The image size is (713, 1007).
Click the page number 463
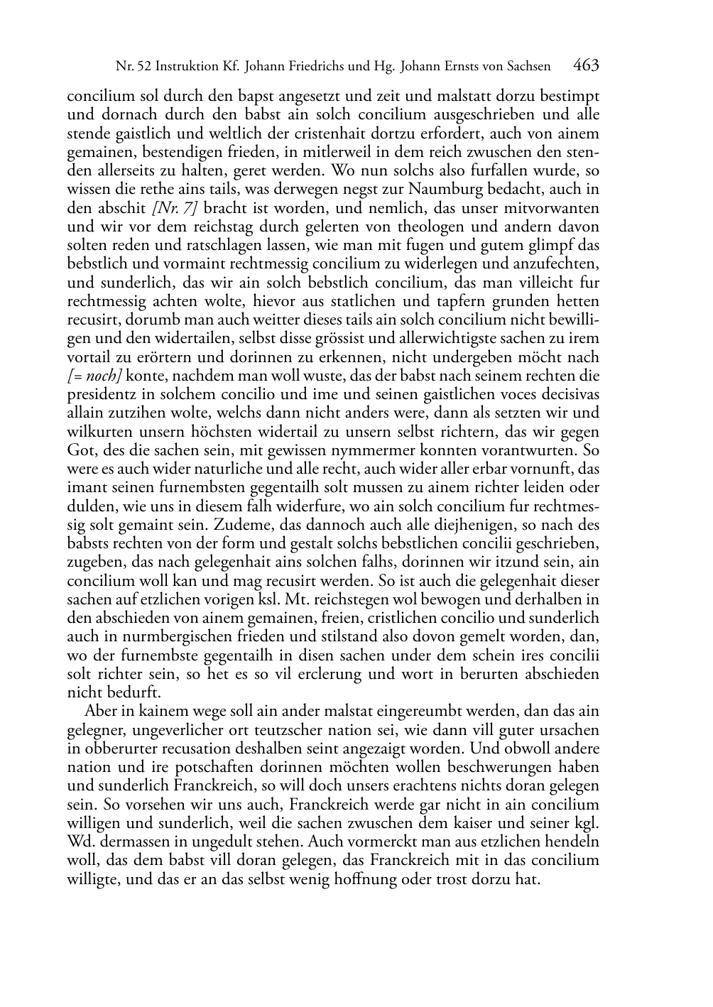586,66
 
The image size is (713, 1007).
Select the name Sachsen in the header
528,67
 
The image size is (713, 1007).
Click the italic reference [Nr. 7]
174,208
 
